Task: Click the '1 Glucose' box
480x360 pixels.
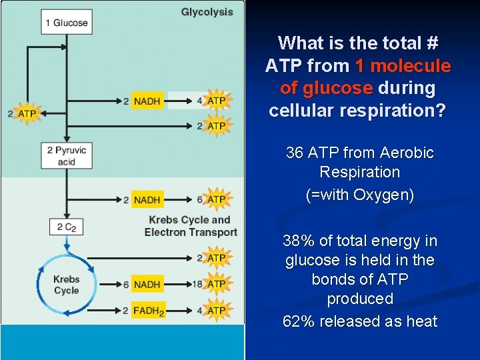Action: pos(66,23)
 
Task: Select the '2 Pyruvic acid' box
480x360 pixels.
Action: pos(66,155)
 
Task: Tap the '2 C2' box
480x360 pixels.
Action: pos(66,227)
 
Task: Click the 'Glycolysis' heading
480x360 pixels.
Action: pos(207,12)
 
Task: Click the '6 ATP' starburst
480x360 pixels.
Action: pos(216,199)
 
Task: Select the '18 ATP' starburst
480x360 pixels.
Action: pos(216,285)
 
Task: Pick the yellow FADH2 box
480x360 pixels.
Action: pos(147,311)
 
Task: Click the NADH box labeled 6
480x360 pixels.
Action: pos(147,285)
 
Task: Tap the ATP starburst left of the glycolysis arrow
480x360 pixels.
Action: pos(26,113)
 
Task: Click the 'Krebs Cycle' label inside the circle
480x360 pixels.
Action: pos(66,285)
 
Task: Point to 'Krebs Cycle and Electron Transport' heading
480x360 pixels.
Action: pos(190,226)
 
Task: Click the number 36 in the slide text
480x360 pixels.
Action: pos(294,153)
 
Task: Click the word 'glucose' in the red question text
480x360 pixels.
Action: pos(337,88)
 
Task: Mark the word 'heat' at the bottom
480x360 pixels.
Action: pos(422,321)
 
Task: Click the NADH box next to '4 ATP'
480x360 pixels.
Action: pos(147,101)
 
